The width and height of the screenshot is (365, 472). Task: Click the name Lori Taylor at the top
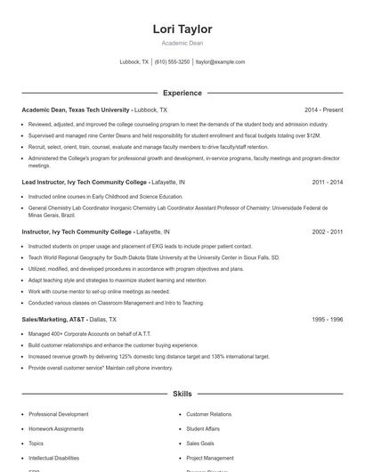coord(182,28)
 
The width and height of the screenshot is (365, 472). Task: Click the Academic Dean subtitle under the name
coord(182,43)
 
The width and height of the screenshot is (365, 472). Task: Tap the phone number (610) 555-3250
coord(172,62)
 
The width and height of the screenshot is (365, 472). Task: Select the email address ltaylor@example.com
coord(220,62)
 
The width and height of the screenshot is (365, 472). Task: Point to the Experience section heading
coord(182,93)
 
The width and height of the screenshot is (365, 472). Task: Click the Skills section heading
coord(182,393)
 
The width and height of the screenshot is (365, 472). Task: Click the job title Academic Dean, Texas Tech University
coord(77,110)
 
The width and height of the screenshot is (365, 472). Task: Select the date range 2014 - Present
coord(323,110)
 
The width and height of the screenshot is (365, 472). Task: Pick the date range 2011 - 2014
coord(328,182)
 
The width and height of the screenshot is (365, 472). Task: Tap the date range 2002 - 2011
coord(328,232)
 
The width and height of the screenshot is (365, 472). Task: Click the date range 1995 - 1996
coord(328,319)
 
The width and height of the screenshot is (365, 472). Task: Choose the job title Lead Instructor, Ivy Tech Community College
coord(85,182)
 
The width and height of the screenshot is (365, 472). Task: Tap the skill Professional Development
coord(59,414)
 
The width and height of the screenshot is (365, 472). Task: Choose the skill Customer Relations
coord(208,414)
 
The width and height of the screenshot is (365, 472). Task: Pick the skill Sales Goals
coord(200,443)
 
